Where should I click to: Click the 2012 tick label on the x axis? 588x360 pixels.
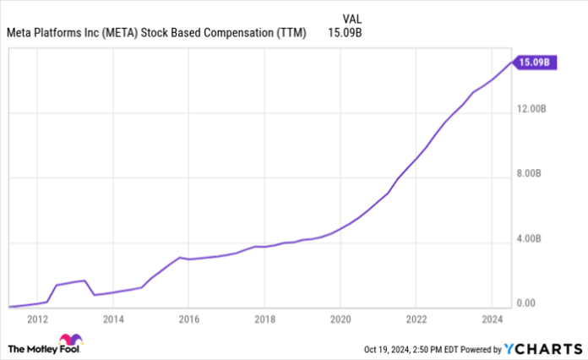37,319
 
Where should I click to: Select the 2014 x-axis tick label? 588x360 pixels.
113,319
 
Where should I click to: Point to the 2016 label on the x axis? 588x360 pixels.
188,319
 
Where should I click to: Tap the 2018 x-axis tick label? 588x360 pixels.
264,319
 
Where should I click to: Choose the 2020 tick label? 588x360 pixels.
340,319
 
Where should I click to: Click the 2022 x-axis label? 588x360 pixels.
416,319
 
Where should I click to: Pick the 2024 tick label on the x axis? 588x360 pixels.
491,319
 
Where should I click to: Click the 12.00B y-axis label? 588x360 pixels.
534,109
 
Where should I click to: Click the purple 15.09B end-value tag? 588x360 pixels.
535,62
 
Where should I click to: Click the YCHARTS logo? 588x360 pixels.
541,347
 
